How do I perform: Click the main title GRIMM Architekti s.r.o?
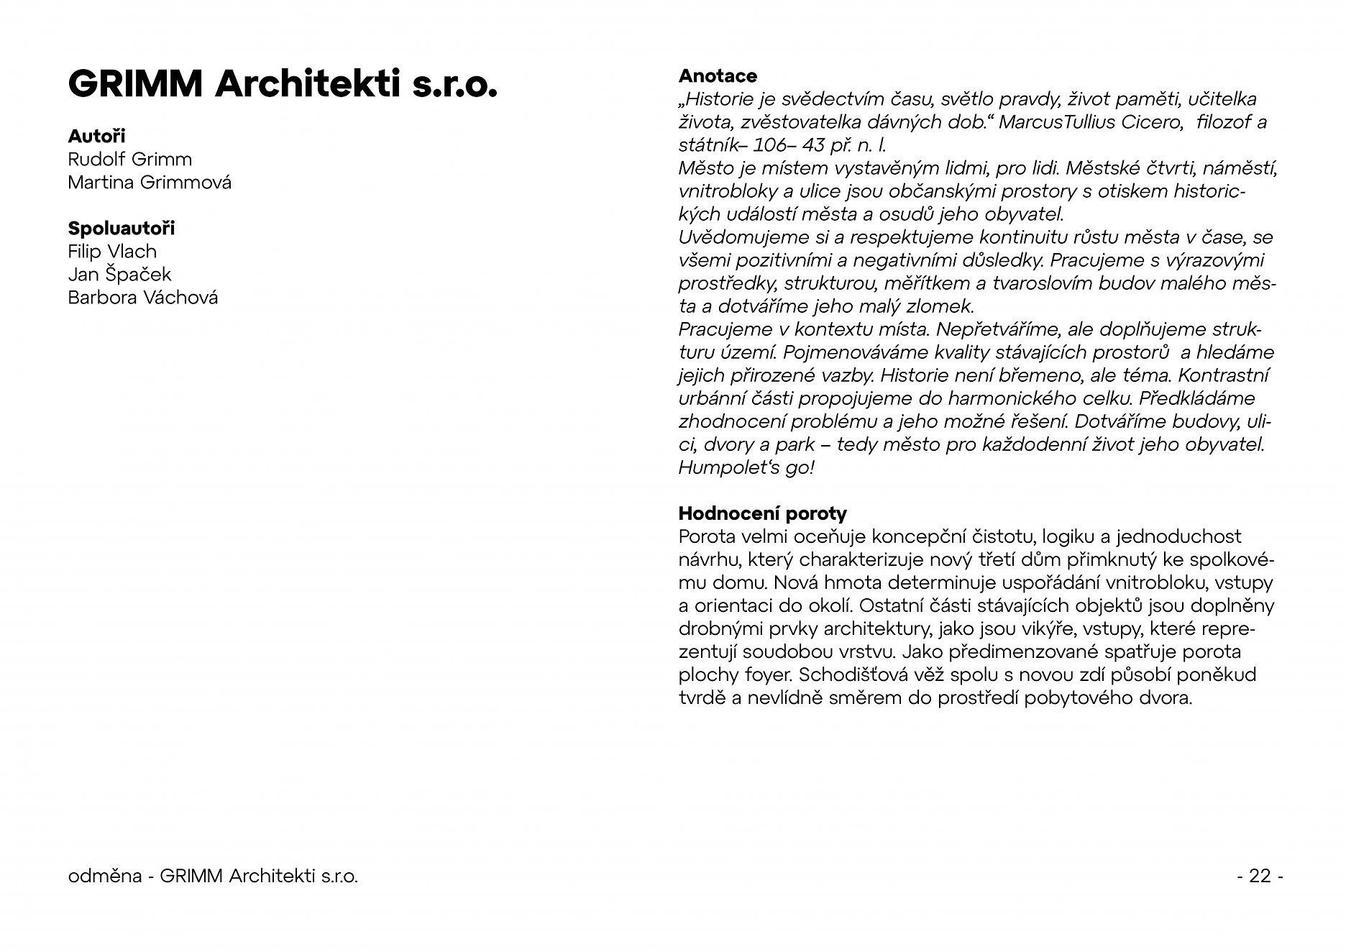pyautogui.click(x=282, y=86)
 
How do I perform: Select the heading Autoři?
pyautogui.click(x=96, y=136)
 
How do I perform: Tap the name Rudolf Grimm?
pyautogui.click(x=129, y=159)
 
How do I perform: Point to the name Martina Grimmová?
pyautogui.click(x=150, y=182)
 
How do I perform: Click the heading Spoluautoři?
pyautogui.click(x=121, y=228)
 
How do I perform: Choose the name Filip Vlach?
pyautogui.click(x=112, y=251)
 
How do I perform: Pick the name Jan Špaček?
pyautogui.click(x=119, y=274)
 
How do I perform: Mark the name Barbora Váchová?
pyautogui.click(x=142, y=297)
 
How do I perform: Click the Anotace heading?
pyautogui.click(x=718, y=75)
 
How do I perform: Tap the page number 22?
pyautogui.click(x=1260, y=876)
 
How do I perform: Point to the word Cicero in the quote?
pyautogui.click(x=1152, y=122)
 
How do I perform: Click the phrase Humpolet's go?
pyautogui.click(x=746, y=467)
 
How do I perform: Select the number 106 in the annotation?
pyautogui.click(x=770, y=145)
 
